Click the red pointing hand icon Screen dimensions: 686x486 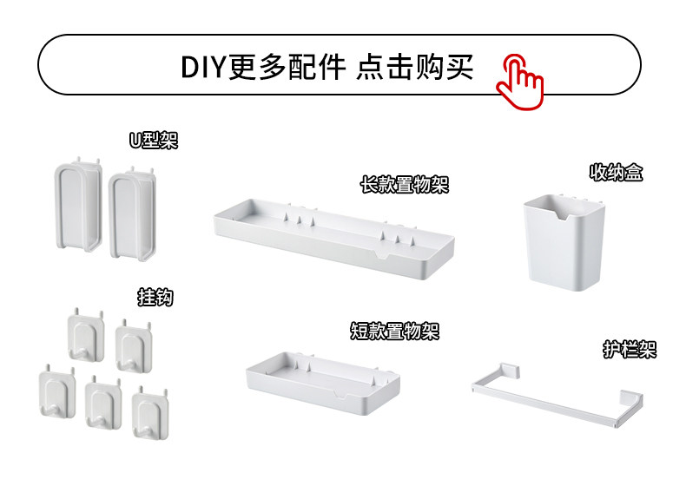(520, 79)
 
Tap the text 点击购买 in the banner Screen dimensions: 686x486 (415, 67)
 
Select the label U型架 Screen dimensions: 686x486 (154, 140)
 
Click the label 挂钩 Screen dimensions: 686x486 (155, 298)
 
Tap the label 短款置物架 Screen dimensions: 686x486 (394, 331)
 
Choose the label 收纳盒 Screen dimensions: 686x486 (617, 173)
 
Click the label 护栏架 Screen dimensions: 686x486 (630, 350)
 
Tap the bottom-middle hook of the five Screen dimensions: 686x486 (103, 403)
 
